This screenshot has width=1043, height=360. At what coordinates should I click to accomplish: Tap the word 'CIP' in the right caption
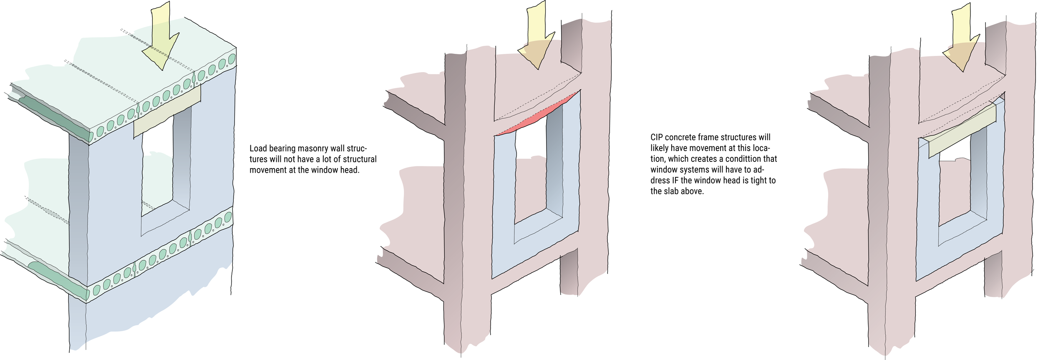coord(657,137)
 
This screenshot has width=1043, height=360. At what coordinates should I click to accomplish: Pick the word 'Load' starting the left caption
coord(258,149)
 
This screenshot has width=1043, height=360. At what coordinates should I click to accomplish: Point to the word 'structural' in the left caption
coord(360,159)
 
